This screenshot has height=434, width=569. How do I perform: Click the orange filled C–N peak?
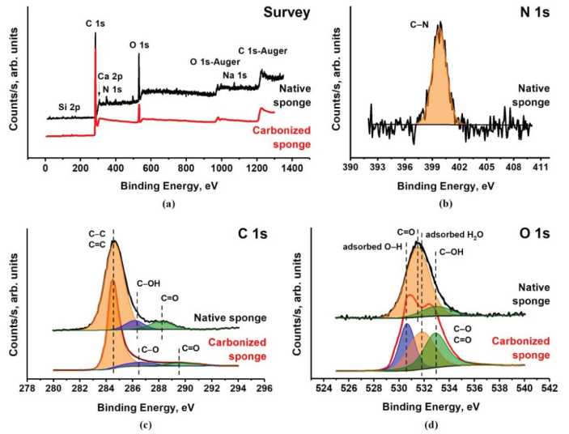click(x=439, y=89)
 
